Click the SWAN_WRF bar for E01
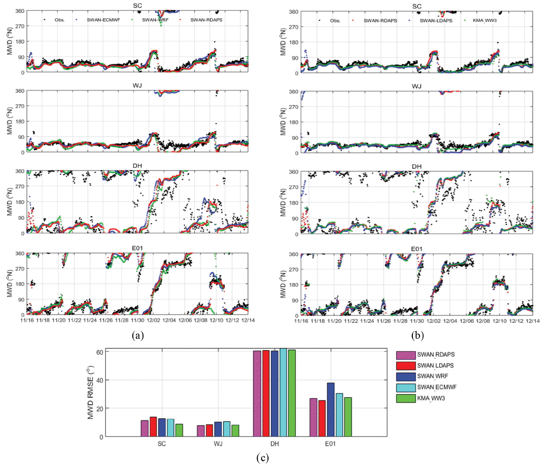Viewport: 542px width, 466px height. pos(330,409)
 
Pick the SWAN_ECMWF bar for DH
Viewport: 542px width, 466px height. pos(283,393)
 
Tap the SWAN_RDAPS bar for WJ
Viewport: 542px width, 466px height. pos(201,431)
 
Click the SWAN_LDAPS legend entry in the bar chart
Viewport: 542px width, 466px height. pos(435,365)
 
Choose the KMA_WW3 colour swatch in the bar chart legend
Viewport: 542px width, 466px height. pos(405,398)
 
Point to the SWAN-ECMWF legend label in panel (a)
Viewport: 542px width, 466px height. pos(103,20)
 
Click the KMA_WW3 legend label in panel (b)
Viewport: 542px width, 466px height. pos(485,20)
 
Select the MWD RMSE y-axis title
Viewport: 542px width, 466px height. pos(90,392)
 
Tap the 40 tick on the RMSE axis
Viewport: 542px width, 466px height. pos(100,380)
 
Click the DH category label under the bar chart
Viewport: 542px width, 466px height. pos(274,444)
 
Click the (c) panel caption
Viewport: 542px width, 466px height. pos(262,458)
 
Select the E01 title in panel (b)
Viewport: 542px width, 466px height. pos(417,249)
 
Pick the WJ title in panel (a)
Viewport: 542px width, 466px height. pos(137,85)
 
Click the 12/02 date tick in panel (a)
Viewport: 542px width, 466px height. pos(153,321)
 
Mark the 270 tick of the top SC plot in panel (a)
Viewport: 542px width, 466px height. pos(20,26)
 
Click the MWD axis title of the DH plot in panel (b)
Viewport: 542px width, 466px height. pos(283,202)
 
